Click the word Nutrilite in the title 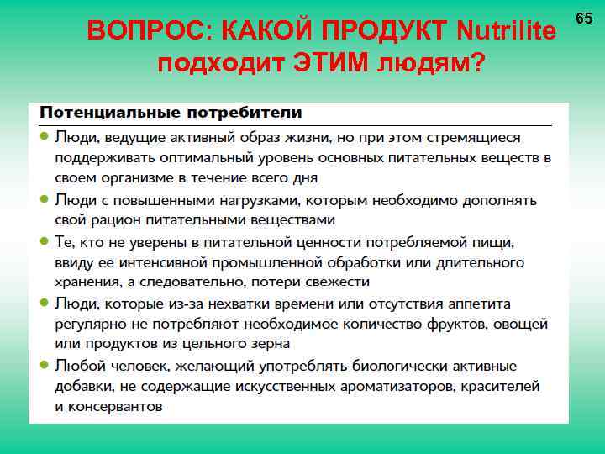[506, 32]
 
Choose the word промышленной [290, 263]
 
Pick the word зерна [270, 344]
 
